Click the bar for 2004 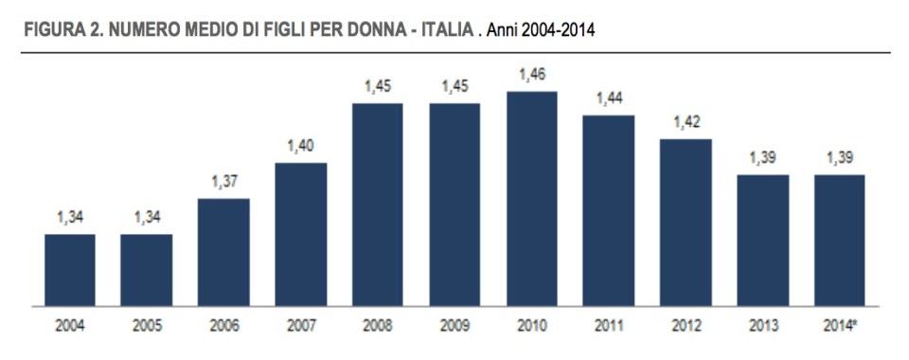tap(69, 270)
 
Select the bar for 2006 tap(224, 252)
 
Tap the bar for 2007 tap(301, 234)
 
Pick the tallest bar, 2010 tap(532, 199)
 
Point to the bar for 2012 tap(686, 223)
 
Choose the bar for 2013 tap(763, 241)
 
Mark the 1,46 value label tap(532, 74)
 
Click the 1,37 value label tap(224, 181)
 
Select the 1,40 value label tap(301, 146)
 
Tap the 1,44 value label tap(609, 98)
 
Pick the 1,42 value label tap(686, 122)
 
